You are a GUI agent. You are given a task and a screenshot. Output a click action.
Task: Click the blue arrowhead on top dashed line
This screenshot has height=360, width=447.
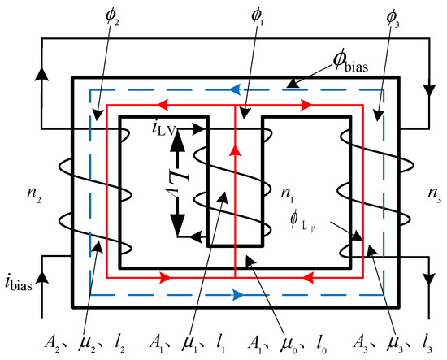pos(237,92)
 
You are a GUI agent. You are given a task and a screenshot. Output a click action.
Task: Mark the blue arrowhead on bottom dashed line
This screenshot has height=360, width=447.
pos(237,291)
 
